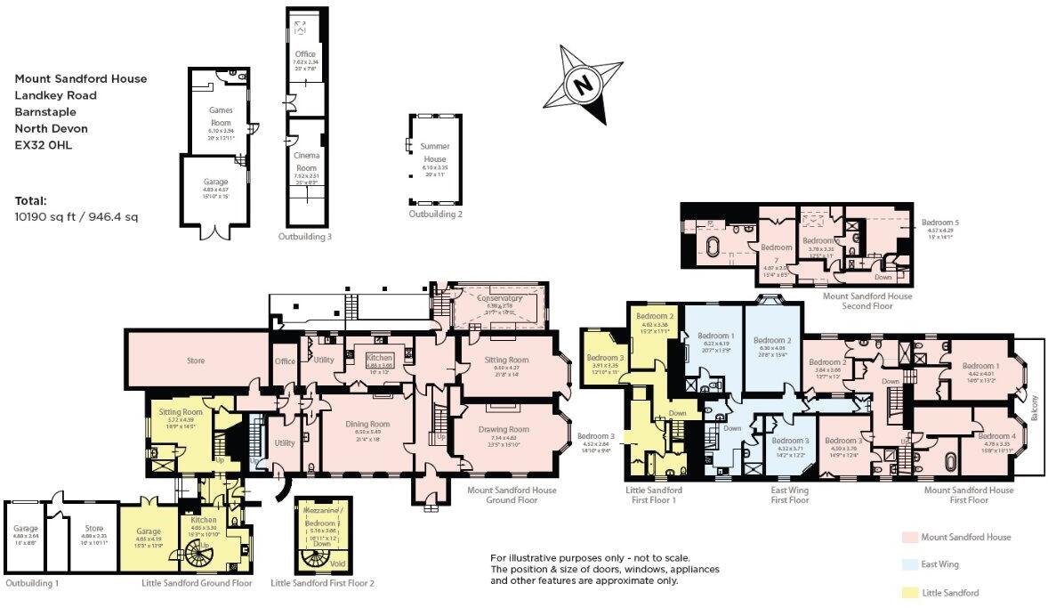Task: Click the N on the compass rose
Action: click(583, 86)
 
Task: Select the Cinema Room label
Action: click(306, 161)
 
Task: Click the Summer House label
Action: click(435, 152)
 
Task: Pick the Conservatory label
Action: click(498, 298)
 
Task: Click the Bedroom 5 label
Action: click(940, 222)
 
